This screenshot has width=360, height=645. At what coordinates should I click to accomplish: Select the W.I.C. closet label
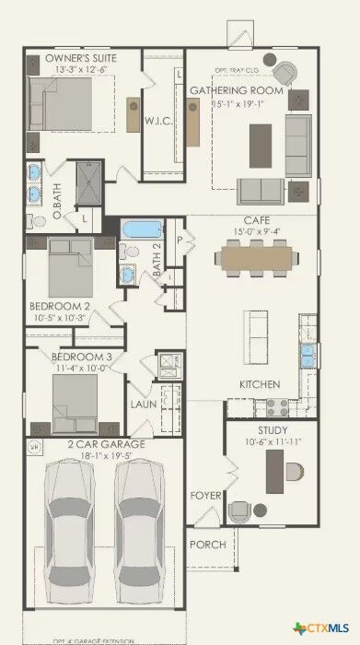click(155, 121)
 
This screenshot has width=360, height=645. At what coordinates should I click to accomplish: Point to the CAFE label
click(256, 220)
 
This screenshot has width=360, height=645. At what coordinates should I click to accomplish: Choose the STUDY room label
click(273, 430)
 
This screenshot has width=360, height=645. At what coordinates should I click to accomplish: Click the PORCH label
click(207, 545)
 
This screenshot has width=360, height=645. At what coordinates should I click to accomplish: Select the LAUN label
click(143, 404)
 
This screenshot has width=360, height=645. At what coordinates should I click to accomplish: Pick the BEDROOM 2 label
click(59, 306)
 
